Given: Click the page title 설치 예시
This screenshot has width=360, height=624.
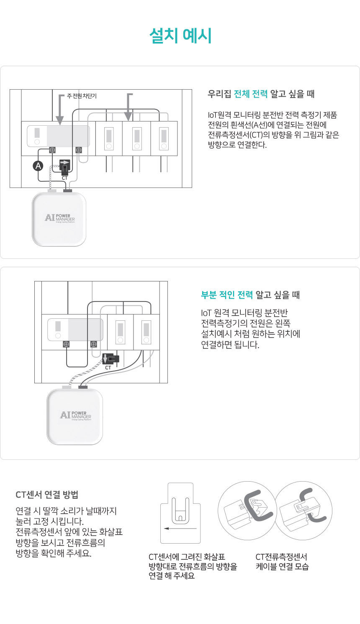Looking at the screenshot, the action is pos(180,36).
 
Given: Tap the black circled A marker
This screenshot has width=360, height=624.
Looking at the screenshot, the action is pos(38,166).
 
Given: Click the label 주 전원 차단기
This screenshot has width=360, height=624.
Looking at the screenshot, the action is pos(82,96).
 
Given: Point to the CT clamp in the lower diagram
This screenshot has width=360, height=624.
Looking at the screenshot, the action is pos(111,358).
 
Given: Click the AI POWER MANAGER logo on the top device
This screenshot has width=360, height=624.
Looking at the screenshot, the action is pos(59,218).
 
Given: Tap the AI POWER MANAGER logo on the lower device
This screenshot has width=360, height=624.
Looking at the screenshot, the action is pos(76,415).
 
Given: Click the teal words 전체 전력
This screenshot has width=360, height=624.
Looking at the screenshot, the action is pos(251,94).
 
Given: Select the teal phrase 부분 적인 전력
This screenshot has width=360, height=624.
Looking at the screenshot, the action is pos(226,294).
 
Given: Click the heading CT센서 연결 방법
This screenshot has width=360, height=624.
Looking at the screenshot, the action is pos(47,495).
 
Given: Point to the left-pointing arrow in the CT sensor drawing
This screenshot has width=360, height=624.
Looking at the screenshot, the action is pos(180,528).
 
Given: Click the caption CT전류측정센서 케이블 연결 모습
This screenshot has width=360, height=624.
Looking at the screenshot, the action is pos(282,562).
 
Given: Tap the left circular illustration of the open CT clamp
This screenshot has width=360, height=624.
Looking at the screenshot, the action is pos(247,511).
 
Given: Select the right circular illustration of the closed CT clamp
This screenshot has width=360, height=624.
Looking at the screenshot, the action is pos(304,511).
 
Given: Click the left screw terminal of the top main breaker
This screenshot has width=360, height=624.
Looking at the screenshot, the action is pos(52,150).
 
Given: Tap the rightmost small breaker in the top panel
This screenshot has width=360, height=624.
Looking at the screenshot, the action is pos(164,139).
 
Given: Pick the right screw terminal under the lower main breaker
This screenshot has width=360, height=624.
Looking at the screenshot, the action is pos(93,344).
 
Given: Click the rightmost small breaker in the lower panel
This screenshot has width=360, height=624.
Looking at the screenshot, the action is pos(147,332).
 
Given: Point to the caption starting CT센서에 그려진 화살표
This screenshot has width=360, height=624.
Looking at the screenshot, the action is pos(193,566).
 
